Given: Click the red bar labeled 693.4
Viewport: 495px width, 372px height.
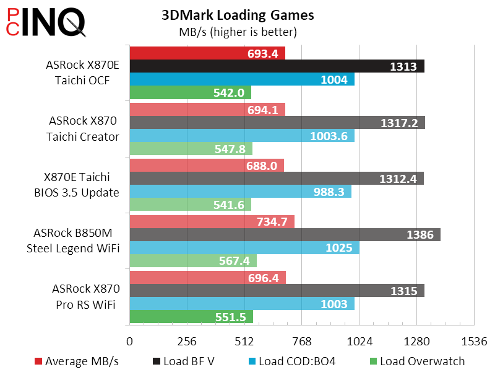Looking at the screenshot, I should [207, 53].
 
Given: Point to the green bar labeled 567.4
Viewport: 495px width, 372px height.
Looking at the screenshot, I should [192, 261].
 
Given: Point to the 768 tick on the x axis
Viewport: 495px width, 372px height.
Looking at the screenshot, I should [302, 341].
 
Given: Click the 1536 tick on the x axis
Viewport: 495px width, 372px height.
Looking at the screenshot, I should [475, 341].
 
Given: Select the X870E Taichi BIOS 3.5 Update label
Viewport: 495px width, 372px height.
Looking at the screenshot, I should [77, 184].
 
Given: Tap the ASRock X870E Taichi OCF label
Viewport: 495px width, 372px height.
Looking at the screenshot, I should [82, 73].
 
